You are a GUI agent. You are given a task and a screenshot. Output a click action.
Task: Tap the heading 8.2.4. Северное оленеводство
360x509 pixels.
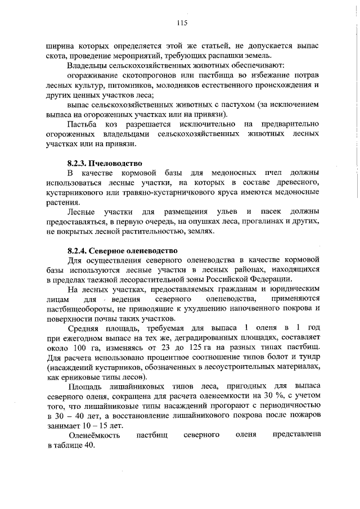coord(122,250)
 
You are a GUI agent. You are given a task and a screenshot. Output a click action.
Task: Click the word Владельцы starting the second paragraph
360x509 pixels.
coord(85,65)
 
